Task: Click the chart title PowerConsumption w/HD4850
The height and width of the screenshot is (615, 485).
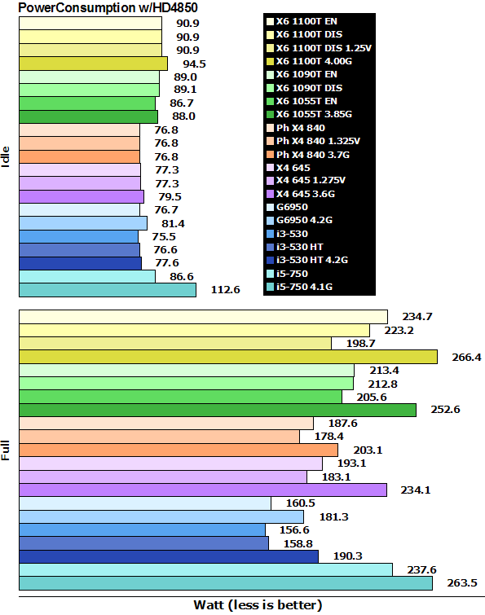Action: coord(101,7)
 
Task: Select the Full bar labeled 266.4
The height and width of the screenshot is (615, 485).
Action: coord(227,357)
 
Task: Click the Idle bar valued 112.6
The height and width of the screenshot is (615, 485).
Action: coord(107,290)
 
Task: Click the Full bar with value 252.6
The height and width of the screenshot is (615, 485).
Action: coord(217,410)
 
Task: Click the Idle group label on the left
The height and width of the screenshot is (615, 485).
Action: coord(7,154)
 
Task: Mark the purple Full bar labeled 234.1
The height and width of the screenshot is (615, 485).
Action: coord(202,490)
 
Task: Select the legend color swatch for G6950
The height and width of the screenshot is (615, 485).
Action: coord(271,206)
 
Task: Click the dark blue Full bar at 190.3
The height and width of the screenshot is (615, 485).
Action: coord(168,556)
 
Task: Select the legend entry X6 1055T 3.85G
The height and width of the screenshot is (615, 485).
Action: coord(317,114)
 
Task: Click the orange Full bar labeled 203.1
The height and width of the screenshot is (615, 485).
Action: coord(178,450)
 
